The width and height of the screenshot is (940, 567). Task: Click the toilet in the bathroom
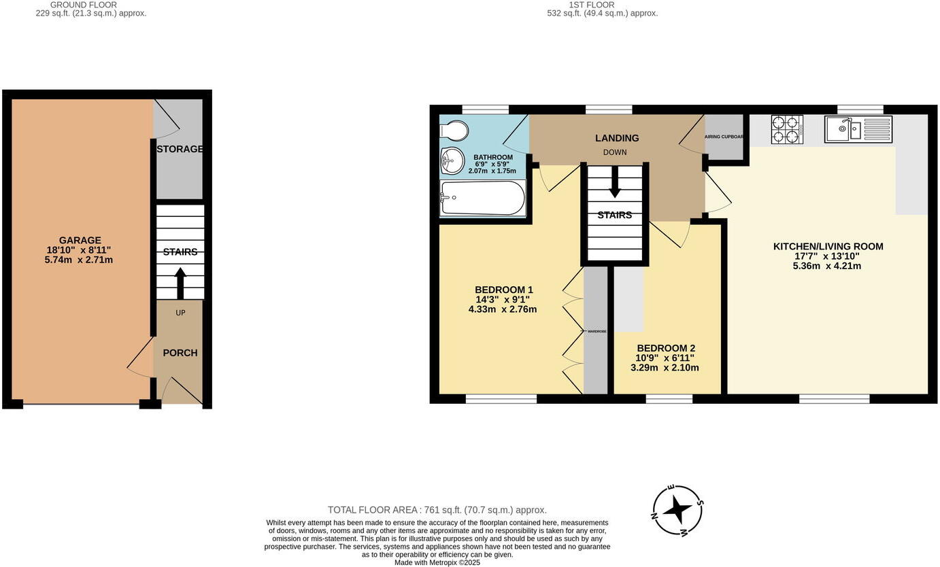(454, 131)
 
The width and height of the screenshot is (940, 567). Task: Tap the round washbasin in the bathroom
(452, 161)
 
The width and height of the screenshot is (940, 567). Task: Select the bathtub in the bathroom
(482, 198)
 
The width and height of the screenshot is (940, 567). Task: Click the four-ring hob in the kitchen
(787, 129)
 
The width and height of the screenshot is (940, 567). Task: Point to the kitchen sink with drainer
(858, 129)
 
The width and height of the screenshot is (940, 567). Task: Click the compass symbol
(677, 510)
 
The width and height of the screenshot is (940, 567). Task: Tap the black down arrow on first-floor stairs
(615, 184)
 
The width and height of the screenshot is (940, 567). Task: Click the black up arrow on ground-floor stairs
(180, 283)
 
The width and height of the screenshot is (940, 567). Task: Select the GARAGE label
(80, 240)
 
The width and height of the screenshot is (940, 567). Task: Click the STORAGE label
(180, 149)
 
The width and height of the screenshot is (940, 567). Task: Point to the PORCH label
(180, 353)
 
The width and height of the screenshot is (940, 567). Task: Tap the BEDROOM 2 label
(665, 348)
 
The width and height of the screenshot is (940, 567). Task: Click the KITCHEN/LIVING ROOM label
(828, 246)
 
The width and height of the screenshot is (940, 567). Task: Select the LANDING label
(617, 138)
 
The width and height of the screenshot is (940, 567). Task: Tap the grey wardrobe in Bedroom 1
(596, 331)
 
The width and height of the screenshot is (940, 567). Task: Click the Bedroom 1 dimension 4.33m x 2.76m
(502, 309)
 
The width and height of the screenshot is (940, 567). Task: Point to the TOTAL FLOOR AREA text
(437, 510)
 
